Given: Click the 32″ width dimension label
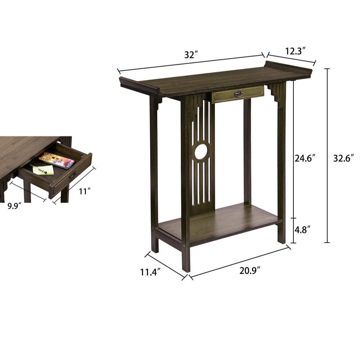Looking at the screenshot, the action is tap(191, 55).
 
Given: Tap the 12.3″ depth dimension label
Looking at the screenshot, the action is tap(296, 51).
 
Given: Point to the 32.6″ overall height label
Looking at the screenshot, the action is tap(343, 158).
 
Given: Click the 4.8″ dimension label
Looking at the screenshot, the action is tap(303, 230).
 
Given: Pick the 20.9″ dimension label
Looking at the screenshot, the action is tap(250, 271).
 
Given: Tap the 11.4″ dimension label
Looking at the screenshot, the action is tap(150, 272).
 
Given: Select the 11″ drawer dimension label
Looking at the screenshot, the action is tap(85, 191).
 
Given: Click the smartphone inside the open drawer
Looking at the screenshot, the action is tap(57, 160).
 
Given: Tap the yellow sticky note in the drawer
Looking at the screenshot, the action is tap(43, 170).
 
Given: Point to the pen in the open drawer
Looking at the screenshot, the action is tap(38, 169).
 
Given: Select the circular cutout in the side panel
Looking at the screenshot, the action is tap(201, 152).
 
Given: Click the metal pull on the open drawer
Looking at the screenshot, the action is tap(73, 175).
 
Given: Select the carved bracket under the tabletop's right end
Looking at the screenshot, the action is tap(276, 94).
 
